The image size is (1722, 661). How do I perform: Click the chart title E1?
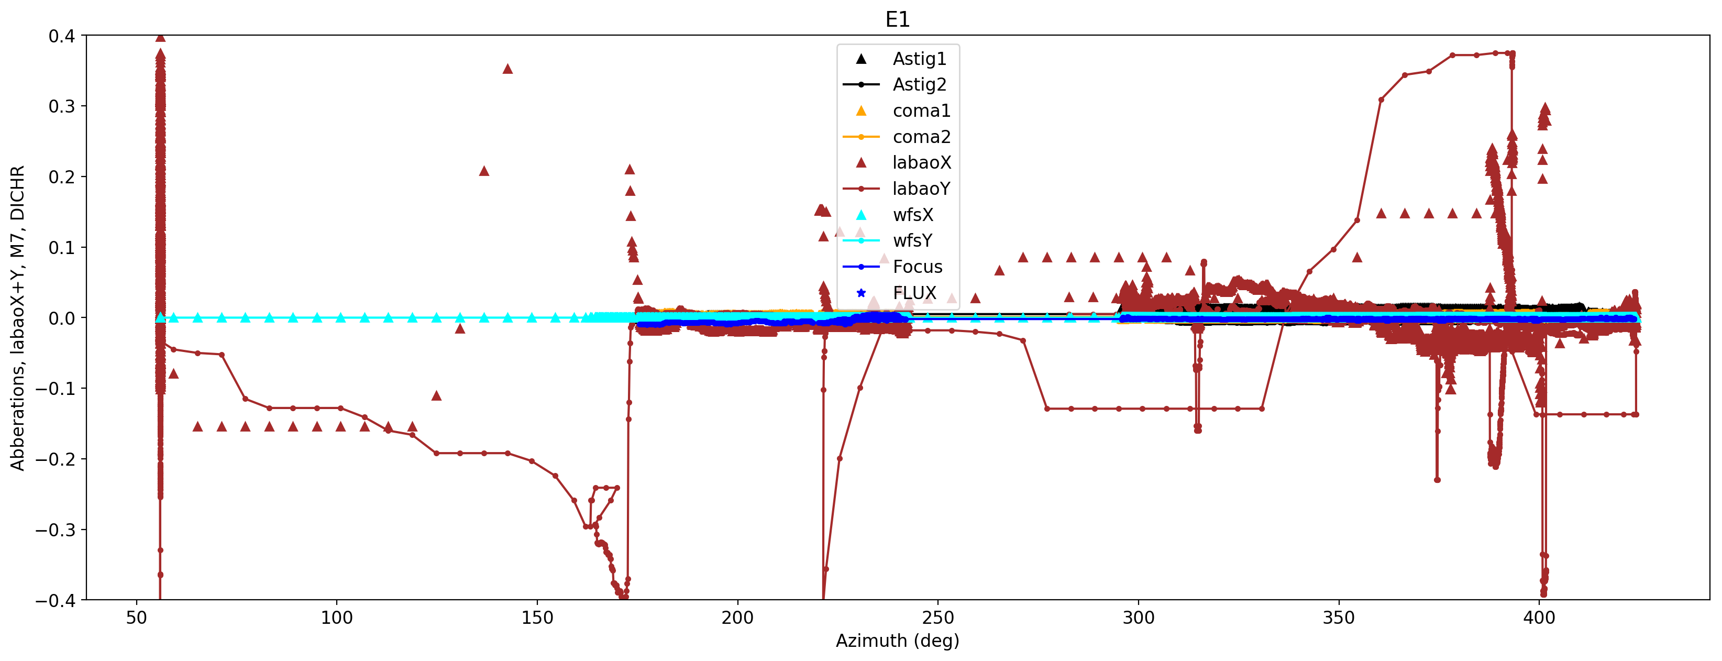coord(897,19)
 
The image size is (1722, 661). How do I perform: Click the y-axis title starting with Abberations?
coord(17,317)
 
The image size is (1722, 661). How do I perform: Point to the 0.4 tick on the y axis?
coord(61,36)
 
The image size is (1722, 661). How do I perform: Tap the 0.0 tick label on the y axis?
coord(61,318)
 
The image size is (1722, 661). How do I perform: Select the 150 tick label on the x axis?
coord(537,618)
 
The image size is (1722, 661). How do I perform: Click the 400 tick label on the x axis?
coord(1539,618)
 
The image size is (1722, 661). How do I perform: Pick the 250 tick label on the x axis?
coord(937,618)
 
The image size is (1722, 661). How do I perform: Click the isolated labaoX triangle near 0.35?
coord(507,69)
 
